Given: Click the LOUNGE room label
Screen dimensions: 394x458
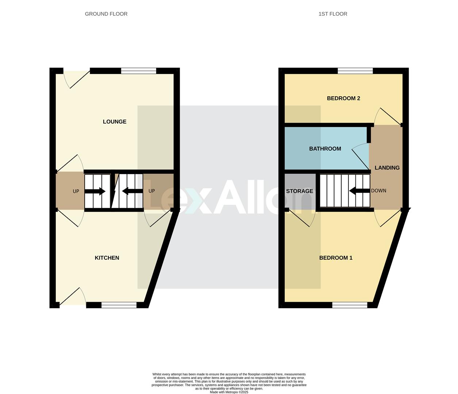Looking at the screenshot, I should [x=115, y=121].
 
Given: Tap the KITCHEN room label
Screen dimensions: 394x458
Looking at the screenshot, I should [x=107, y=258].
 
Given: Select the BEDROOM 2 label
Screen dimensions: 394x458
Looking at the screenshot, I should [x=343, y=98].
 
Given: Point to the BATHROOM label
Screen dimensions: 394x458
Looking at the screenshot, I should [x=325, y=148].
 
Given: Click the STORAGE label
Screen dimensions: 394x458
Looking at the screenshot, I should [x=299, y=191].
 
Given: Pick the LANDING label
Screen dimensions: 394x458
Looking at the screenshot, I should [x=387, y=167].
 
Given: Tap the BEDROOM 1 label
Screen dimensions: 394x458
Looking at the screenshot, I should [x=336, y=258].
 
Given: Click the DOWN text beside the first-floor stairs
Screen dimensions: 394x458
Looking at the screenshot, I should [x=378, y=190].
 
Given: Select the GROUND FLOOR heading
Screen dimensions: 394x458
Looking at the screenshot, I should [x=106, y=14].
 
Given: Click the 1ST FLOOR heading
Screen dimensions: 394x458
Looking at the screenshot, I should [x=333, y=14].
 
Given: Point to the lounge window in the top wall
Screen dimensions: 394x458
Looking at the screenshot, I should [x=139, y=71].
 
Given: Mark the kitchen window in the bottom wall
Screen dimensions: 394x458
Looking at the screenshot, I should [x=119, y=305].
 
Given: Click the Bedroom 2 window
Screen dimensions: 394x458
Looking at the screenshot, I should [x=355, y=71].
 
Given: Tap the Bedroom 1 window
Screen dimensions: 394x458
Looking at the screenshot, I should [x=350, y=305].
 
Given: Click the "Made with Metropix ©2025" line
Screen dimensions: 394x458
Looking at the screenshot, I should [x=229, y=392].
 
